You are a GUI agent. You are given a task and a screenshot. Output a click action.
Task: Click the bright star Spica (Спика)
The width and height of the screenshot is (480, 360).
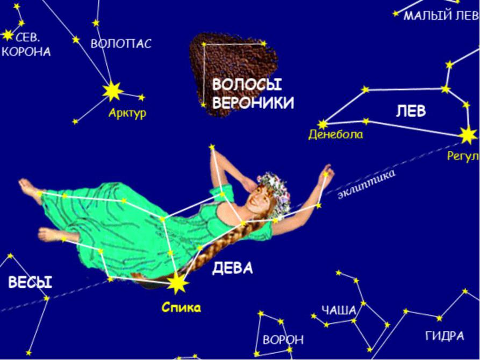tap(177, 283)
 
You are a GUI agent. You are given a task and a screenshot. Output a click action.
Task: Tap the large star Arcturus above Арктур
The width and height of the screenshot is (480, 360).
tap(113, 91)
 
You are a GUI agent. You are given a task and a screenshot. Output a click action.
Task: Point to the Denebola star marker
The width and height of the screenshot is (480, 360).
tap(323, 125)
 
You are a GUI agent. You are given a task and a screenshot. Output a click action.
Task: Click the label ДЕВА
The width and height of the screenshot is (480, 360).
tap(232, 269)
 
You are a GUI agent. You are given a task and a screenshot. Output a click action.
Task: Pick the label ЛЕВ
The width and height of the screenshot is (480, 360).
tap(411, 111)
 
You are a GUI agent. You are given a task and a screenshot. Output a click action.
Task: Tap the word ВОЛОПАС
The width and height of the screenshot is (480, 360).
tap(121, 44)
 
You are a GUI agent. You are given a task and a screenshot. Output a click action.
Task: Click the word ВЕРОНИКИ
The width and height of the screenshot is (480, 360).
tap(253, 103)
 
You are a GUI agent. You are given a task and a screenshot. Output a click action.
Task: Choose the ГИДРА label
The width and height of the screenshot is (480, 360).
tap(445, 336)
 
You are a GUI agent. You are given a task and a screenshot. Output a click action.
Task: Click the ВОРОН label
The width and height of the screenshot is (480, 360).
tap(283, 340)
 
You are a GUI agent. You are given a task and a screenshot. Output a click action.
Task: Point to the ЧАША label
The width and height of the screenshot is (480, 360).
tap(339, 310)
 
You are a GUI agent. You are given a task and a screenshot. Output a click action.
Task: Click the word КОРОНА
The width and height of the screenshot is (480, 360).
tap(26, 52)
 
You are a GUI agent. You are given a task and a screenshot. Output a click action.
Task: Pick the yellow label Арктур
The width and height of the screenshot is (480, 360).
tap(127, 113)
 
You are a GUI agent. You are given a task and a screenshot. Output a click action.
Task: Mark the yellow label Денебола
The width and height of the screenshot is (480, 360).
tap(335, 135)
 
